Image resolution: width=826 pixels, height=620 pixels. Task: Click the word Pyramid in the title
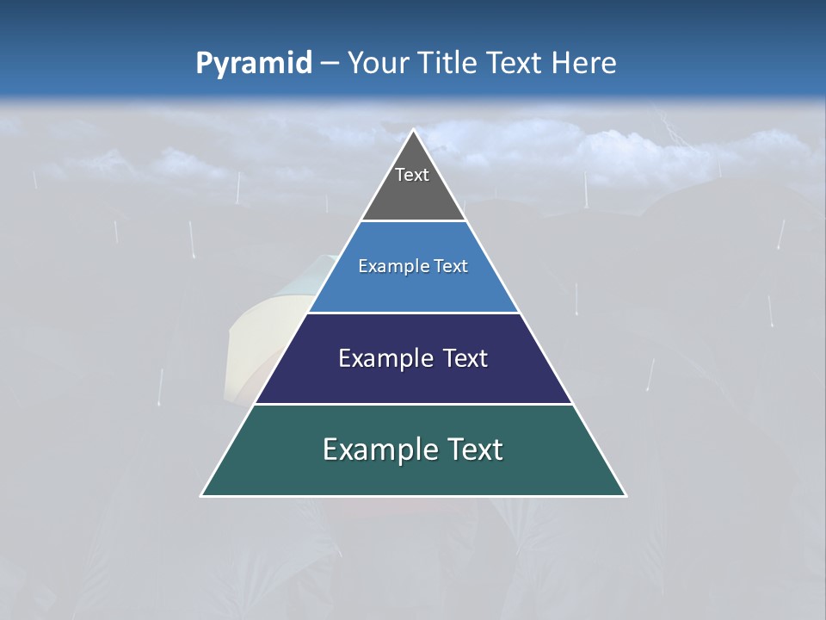pyautogui.click(x=254, y=64)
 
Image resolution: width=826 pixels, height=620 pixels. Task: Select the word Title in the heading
pyautogui.click(x=449, y=64)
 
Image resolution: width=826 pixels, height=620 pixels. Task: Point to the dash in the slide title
pyautogui.click(x=330, y=64)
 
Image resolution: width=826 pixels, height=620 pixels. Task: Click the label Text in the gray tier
pyautogui.click(x=412, y=175)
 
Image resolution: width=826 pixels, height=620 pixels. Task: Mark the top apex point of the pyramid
pyautogui.click(x=414, y=130)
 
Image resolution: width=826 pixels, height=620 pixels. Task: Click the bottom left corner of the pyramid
pyautogui.click(x=202, y=495)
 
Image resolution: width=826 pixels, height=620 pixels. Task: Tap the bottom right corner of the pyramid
pyautogui.click(x=626, y=495)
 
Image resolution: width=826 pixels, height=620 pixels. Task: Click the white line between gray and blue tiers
pyautogui.click(x=413, y=221)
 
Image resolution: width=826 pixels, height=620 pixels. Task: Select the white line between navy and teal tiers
pyautogui.click(x=413, y=404)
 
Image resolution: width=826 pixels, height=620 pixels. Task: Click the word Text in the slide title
pyautogui.click(x=515, y=64)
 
